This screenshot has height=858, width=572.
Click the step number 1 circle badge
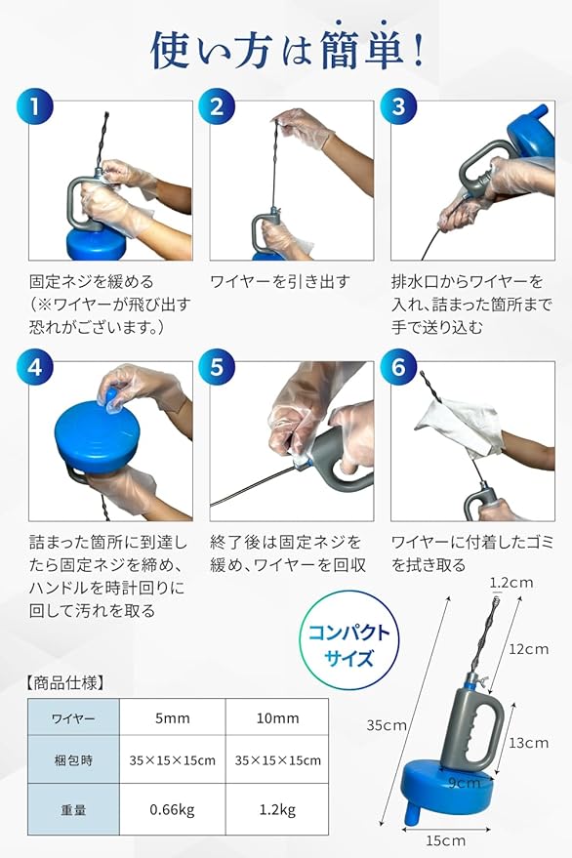[35, 105]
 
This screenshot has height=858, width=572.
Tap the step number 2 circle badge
[217, 105]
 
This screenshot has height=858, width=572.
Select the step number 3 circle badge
[398, 105]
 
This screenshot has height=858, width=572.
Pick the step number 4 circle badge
[35, 367]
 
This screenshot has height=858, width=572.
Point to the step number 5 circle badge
[217, 367]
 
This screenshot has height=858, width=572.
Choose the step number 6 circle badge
[398, 367]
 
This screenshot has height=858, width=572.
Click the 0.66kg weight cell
[173, 809]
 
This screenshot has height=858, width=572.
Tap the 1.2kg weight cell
[277, 809]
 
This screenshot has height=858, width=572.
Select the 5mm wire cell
[173, 717]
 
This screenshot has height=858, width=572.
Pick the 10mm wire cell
[277, 717]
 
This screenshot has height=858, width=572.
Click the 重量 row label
[73, 810]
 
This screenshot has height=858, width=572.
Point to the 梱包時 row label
[73, 760]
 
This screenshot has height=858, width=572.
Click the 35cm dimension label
[387, 725]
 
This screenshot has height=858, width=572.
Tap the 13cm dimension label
[528, 743]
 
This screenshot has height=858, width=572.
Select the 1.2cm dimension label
[511, 582]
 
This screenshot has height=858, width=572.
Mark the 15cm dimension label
[445, 840]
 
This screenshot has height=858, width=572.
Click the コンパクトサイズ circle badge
[349, 645]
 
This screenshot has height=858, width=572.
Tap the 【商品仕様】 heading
[64, 682]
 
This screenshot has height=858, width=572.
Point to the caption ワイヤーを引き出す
[280, 282]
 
